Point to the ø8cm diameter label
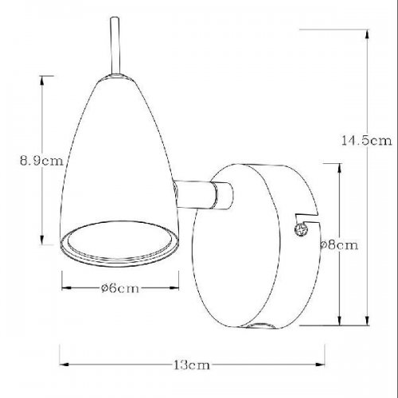point(341,245)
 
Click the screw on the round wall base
point(301,230)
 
